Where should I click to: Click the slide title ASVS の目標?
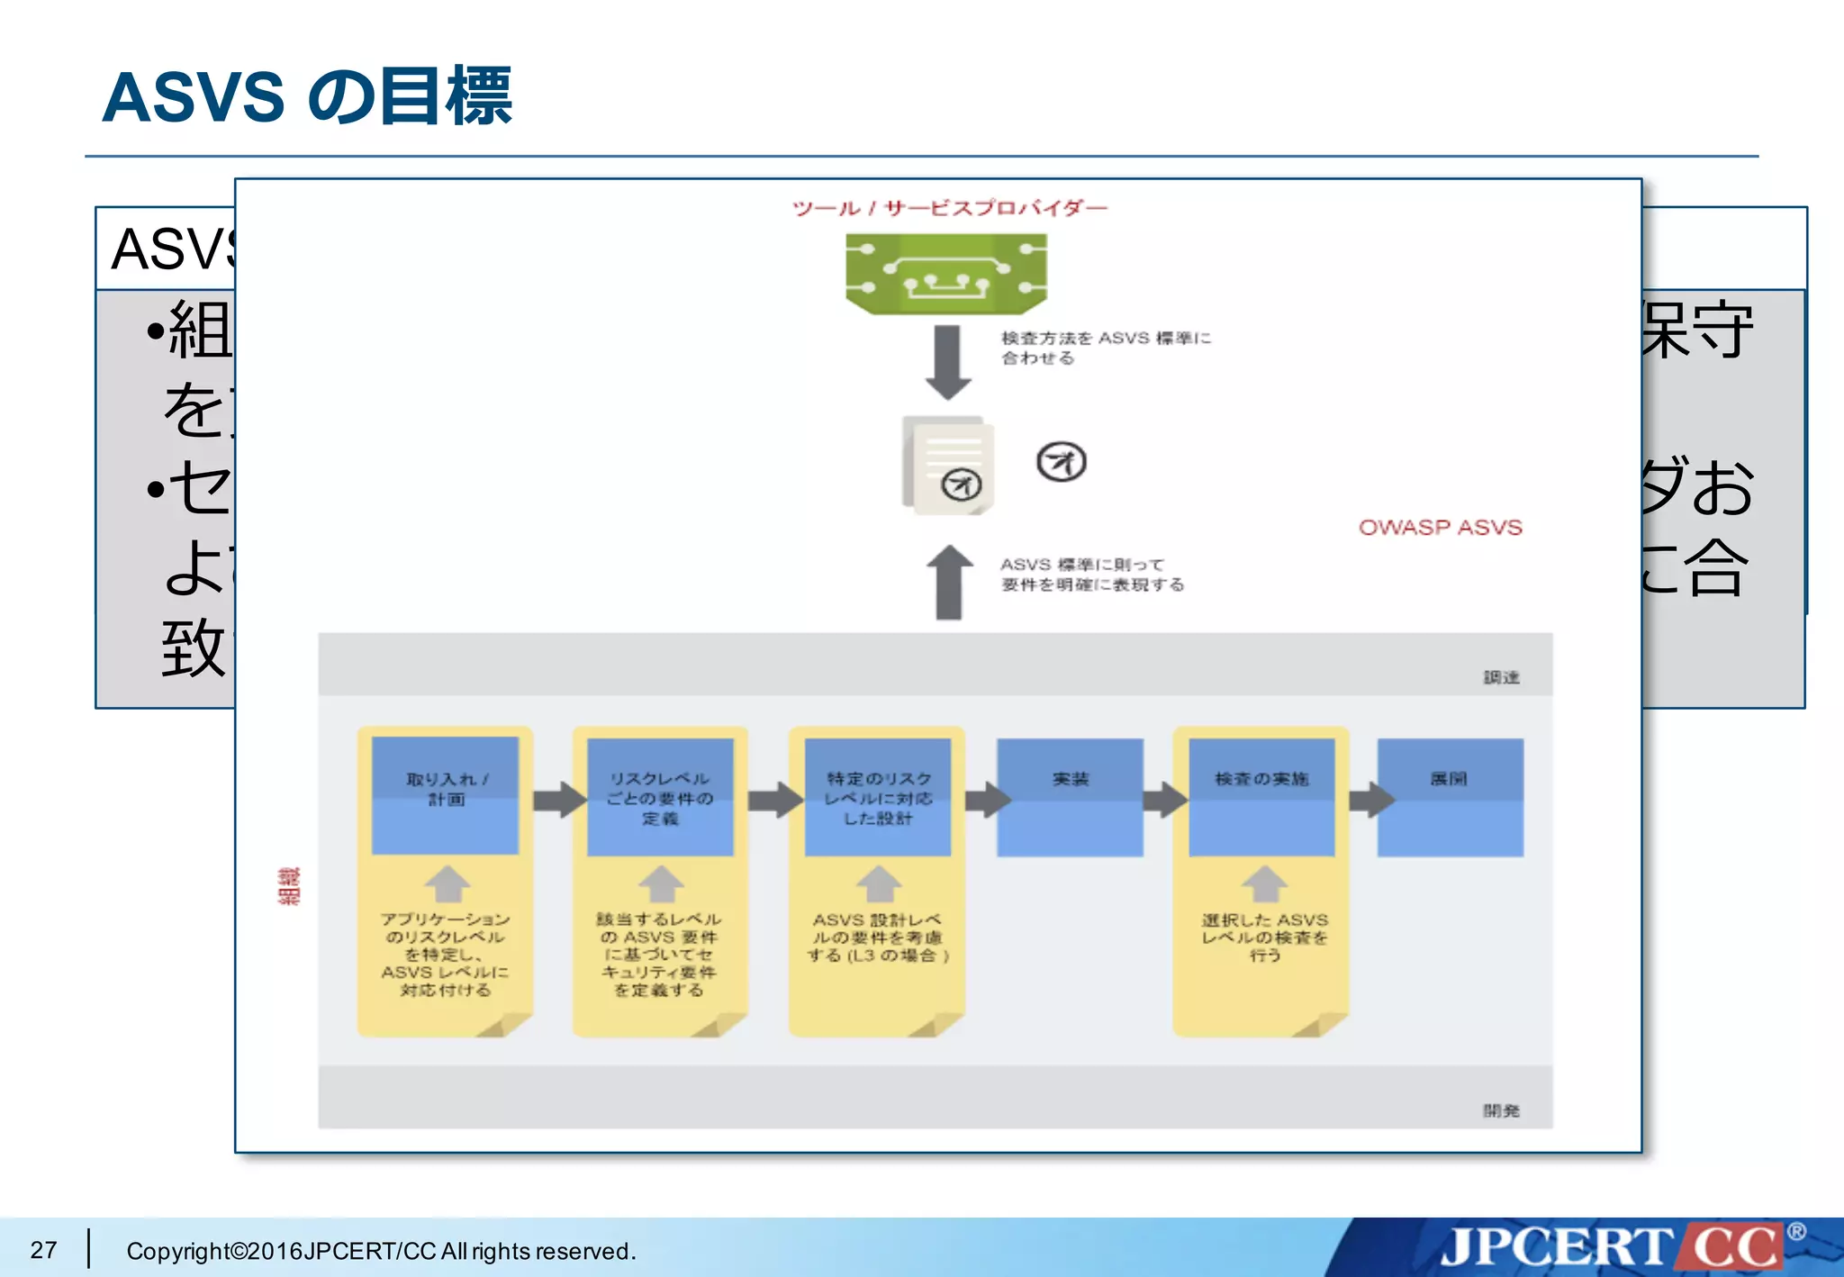(x=307, y=96)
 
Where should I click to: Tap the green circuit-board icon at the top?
(x=945, y=274)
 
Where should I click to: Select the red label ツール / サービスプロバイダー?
(x=949, y=209)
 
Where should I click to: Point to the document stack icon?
(x=949, y=465)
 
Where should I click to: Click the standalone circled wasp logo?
(x=1061, y=463)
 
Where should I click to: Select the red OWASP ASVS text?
(x=1440, y=528)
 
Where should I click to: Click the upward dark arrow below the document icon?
(x=949, y=583)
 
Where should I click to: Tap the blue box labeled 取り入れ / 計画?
(x=445, y=796)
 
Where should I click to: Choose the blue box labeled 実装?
(x=1070, y=796)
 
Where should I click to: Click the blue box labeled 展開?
(x=1450, y=796)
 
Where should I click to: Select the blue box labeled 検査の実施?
(x=1261, y=796)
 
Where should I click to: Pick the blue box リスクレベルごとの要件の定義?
(x=660, y=796)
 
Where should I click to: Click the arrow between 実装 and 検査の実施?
(x=1166, y=799)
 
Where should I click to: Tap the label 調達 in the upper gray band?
(x=1501, y=677)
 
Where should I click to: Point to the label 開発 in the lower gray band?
(x=1501, y=1110)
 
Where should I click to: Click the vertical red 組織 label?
(x=289, y=886)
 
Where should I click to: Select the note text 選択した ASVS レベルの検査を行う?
(x=1264, y=937)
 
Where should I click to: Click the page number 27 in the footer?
(x=43, y=1250)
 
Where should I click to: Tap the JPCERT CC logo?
(x=1612, y=1248)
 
